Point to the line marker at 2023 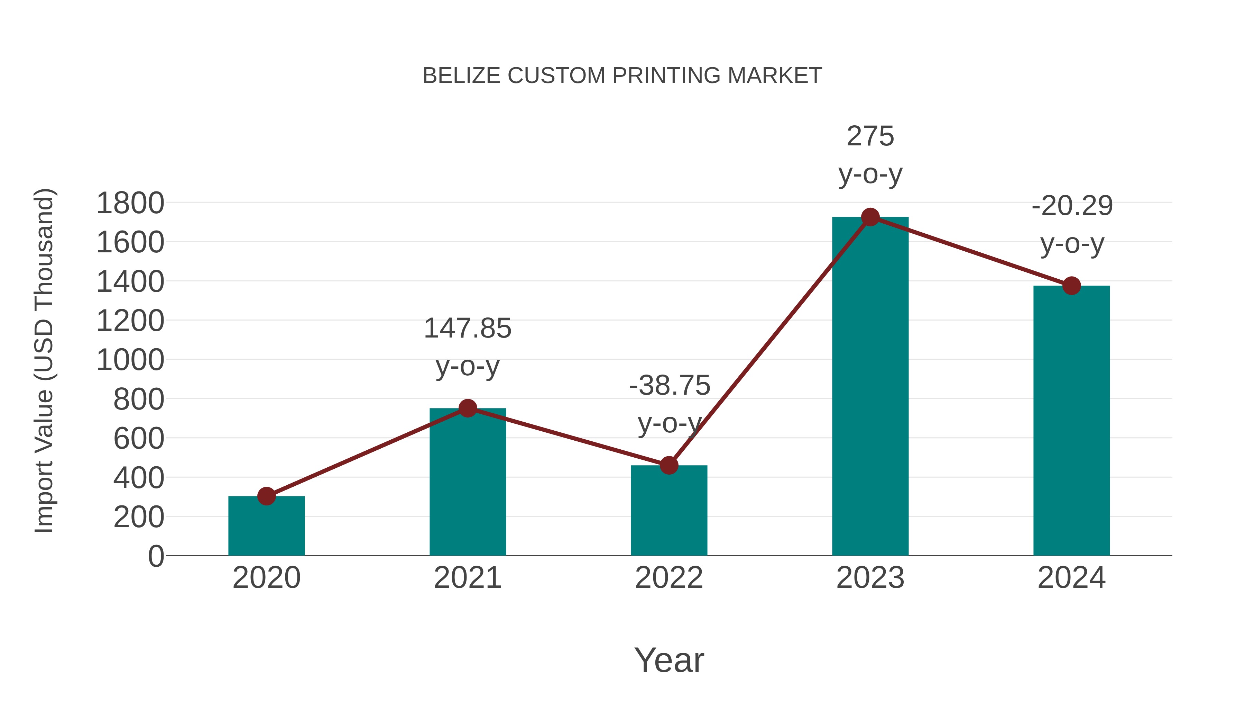click(x=870, y=217)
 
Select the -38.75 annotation click(x=670, y=386)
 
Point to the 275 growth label click(x=870, y=136)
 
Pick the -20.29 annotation click(x=1072, y=206)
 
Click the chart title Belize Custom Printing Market click(x=622, y=76)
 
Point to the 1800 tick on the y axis click(x=130, y=203)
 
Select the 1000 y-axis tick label click(x=130, y=360)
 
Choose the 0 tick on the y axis click(x=156, y=556)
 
